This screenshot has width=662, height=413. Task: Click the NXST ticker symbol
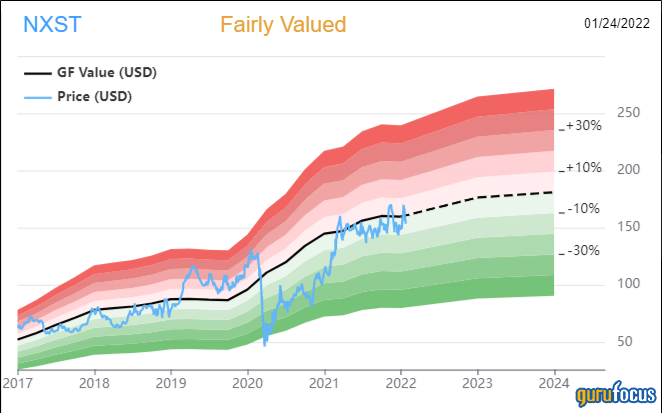pos(46,23)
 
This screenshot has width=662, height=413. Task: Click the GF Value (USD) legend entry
pos(105,73)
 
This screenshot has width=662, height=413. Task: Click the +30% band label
pos(583,126)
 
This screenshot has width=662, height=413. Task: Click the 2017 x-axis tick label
pos(18,382)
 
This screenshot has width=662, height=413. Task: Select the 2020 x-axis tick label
pos(247,382)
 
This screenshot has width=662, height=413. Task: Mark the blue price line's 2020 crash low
pos(265,345)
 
